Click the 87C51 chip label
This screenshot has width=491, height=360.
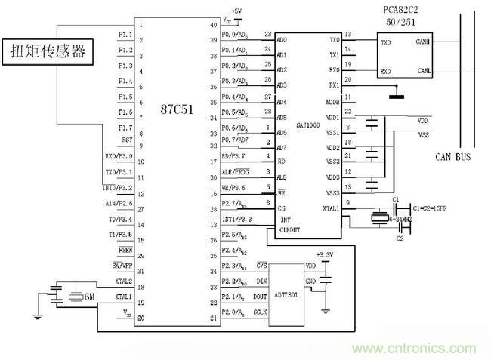click(175, 109)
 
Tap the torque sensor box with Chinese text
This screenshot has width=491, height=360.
click(47, 52)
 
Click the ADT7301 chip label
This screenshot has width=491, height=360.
click(287, 297)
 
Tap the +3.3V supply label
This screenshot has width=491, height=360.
click(325, 255)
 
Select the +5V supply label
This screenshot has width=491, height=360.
click(236, 11)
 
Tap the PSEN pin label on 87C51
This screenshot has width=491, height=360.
click(125, 249)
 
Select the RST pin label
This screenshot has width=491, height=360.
click(127, 140)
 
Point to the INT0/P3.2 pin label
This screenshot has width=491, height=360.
click(119, 187)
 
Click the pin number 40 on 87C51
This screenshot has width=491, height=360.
click(213, 25)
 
